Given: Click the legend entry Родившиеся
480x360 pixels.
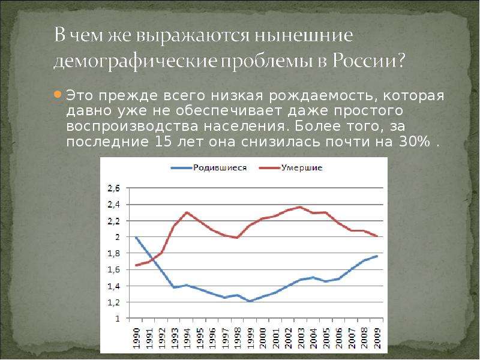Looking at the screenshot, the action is tap(208, 168).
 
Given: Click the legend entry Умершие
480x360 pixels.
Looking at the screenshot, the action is tap(291, 168).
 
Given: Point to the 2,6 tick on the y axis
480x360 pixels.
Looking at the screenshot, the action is tap(113, 188).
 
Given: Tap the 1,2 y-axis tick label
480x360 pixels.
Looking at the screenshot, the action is tap(113, 302).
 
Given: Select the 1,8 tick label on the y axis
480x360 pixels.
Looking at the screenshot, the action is tap(113, 253).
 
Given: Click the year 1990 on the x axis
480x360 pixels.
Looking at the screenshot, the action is tap(137, 338).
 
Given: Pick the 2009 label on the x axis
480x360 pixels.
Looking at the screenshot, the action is tap(377, 338).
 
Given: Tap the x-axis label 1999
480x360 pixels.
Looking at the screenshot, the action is tap(250, 338).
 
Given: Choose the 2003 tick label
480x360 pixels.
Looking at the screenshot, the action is tap(301, 338).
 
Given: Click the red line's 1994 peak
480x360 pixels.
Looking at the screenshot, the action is tap(187, 212).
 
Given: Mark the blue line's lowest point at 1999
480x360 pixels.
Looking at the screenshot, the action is tap(250, 301).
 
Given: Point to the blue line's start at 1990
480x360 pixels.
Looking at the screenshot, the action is tap(136, 237).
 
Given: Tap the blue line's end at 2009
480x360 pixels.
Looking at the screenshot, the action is tap(377, 256).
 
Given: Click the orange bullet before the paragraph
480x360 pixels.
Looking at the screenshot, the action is tap(58, 94).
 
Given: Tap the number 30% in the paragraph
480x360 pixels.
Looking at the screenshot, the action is tap(415, 142).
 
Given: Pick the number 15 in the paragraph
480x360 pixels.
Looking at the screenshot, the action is tap(163, 142).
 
